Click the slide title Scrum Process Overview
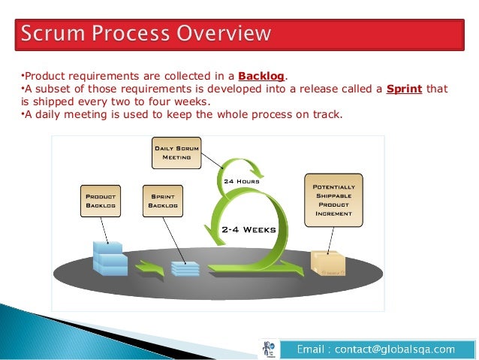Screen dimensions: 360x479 [146, 34]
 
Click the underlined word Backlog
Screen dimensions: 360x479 [261, 76]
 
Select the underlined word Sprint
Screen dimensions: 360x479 [404, 89]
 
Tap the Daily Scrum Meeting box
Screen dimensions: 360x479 [176, 153]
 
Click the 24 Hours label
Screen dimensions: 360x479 [241, 181]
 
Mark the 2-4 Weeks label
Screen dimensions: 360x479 [249, 229]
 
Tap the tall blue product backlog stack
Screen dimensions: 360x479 [108, 258]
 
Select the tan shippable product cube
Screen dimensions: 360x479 [328, 262]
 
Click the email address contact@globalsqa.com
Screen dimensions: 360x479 [375, 349]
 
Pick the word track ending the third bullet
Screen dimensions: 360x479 [327, 115]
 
